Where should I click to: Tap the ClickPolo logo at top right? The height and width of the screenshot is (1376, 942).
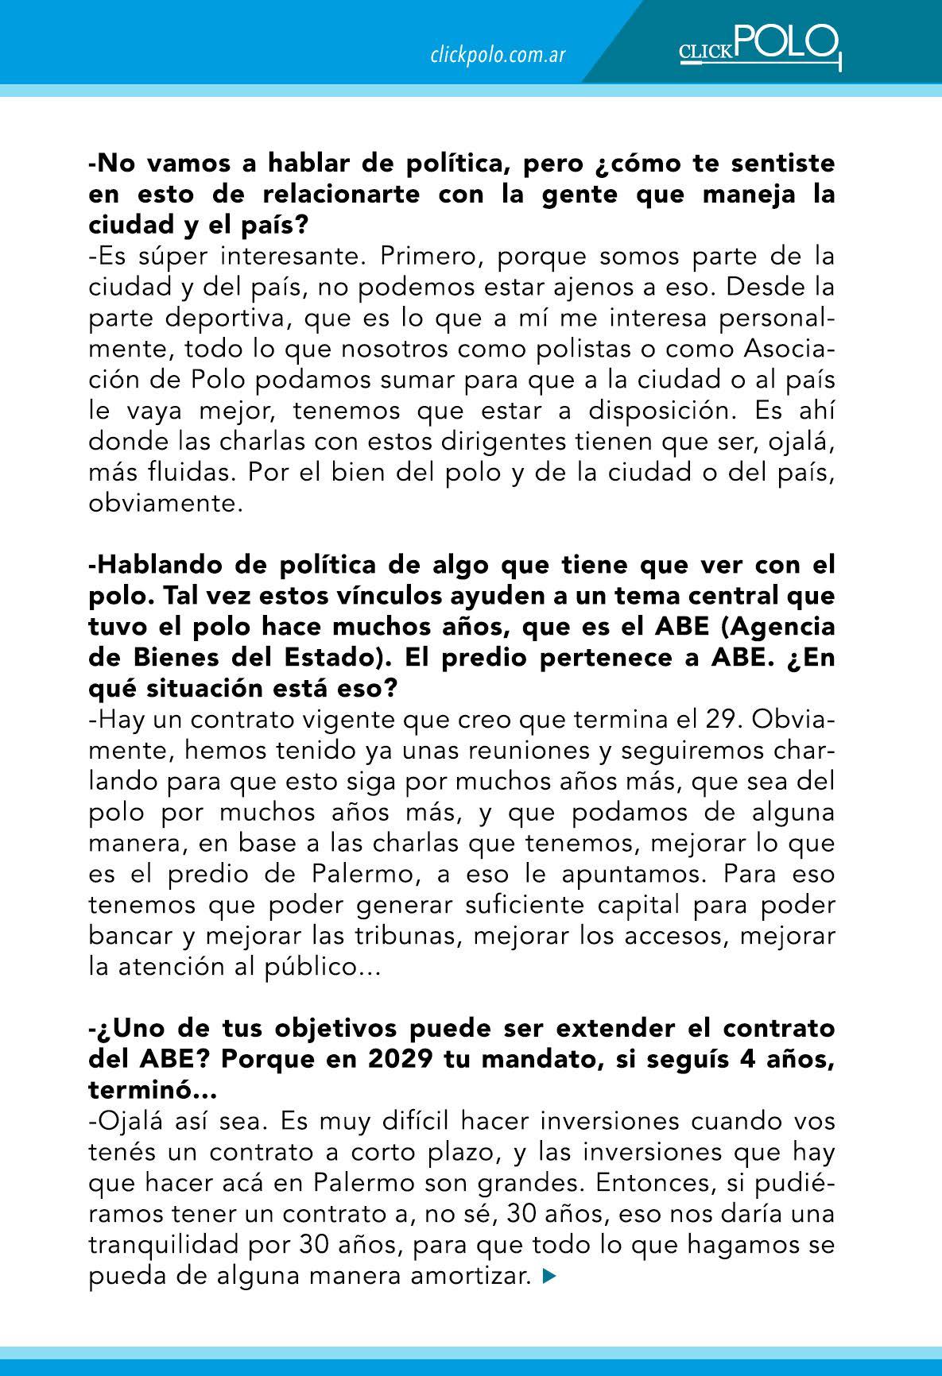coord(758,45)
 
